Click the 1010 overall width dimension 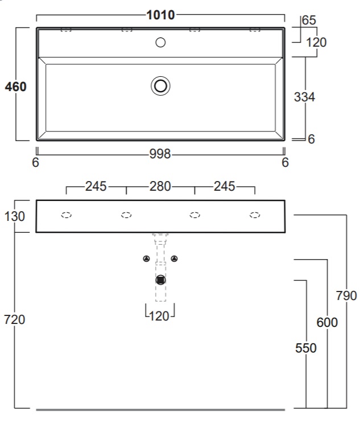point(160,15)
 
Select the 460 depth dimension point(16,87)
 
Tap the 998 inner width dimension point(160,154)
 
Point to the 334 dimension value point(304,97)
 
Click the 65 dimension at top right point(309,20)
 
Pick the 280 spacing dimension point(160,187)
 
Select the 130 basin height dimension point(15,216)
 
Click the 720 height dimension point(15,319)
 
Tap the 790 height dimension point(346,295)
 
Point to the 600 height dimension point(327,322)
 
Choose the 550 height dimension point(306,348)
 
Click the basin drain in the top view point(160,86)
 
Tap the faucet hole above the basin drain point(160,43)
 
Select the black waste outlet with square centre point(160,280)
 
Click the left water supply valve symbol point(146,258)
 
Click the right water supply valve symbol point(174,258)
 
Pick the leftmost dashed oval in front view point(66,215)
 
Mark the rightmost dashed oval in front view point(255,215)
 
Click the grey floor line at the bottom point(160,409)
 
